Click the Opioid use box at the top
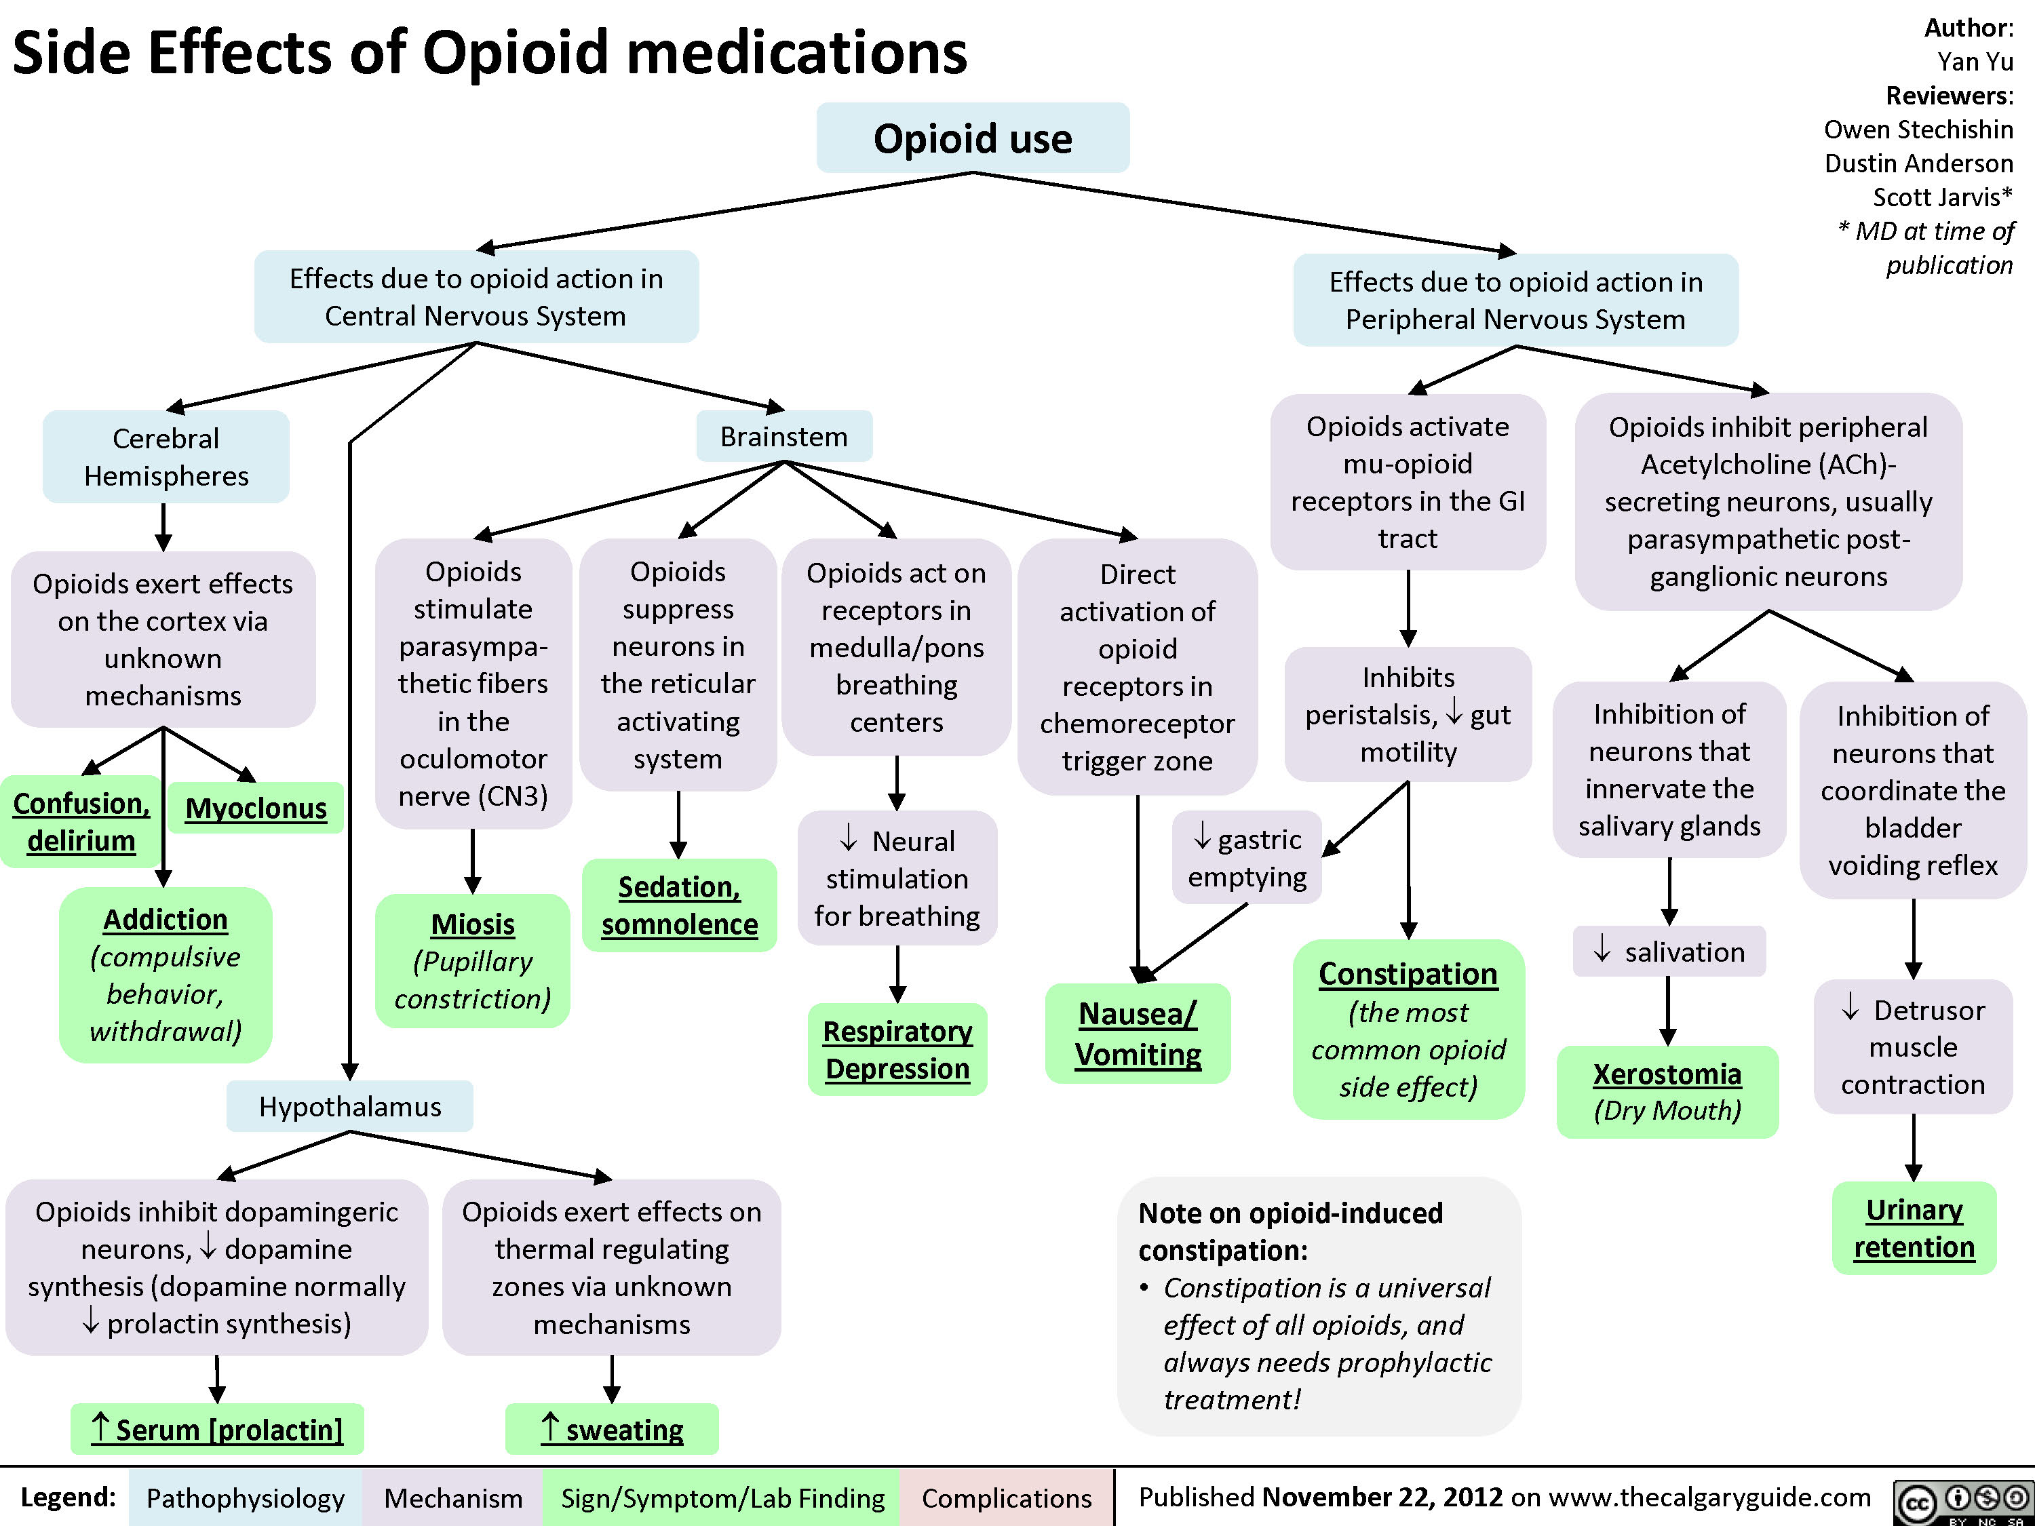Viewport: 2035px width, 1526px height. click(x=973, y=138)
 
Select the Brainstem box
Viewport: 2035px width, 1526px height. click(x=784, y=436)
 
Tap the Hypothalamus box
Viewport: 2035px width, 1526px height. click(x=349, y=1106)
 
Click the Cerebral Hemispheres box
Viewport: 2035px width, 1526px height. click(x=166, y=456)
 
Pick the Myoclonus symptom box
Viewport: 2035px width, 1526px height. click(x=256, y=808)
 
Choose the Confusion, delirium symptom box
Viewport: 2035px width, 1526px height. click(x=81, y=821)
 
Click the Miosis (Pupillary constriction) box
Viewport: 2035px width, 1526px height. click(x=473, y=960)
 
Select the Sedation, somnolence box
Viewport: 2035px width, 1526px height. click(x=680, y=905)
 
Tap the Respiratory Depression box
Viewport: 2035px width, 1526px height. click(x=897, y=1049)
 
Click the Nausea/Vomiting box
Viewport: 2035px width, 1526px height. click(x=1138, y=1034)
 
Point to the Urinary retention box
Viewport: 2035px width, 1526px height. click(x=1914, y=1228)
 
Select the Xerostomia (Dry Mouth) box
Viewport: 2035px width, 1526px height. click(x=1668, y=1092)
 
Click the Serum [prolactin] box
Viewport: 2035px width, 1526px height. click(x=217, y=1428)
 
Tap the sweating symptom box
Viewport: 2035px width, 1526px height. click(x=612, y=1428)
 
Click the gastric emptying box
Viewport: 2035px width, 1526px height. click(x=1247, y=857)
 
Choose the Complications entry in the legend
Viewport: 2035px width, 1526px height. click(x=1007, y=1498)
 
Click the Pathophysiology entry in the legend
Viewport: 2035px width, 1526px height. click(x=245, y=1498)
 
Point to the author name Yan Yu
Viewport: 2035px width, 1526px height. click(x=1975, y=62)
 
